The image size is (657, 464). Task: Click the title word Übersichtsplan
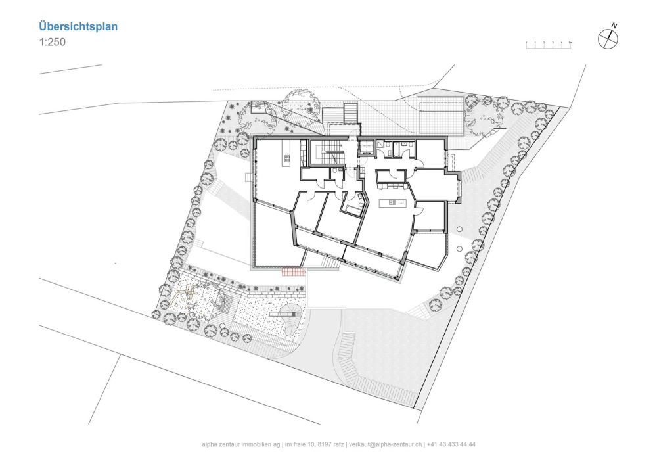pyautogui.click(x=78, y=27)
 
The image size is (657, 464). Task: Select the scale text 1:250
pyautogui.click(x=52, y=41)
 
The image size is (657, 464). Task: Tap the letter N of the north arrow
pyautogui.click(x=614, y=26)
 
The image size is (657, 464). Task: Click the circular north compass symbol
pyautogui.click(x=608, y=39)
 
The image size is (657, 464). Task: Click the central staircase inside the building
pyautogui.click(x=327, y=152)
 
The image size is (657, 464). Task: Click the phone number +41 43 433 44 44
pyautogui.click(x=452, y=444)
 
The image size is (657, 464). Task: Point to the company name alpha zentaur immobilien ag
pyautogui.click(x=241, y=444)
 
